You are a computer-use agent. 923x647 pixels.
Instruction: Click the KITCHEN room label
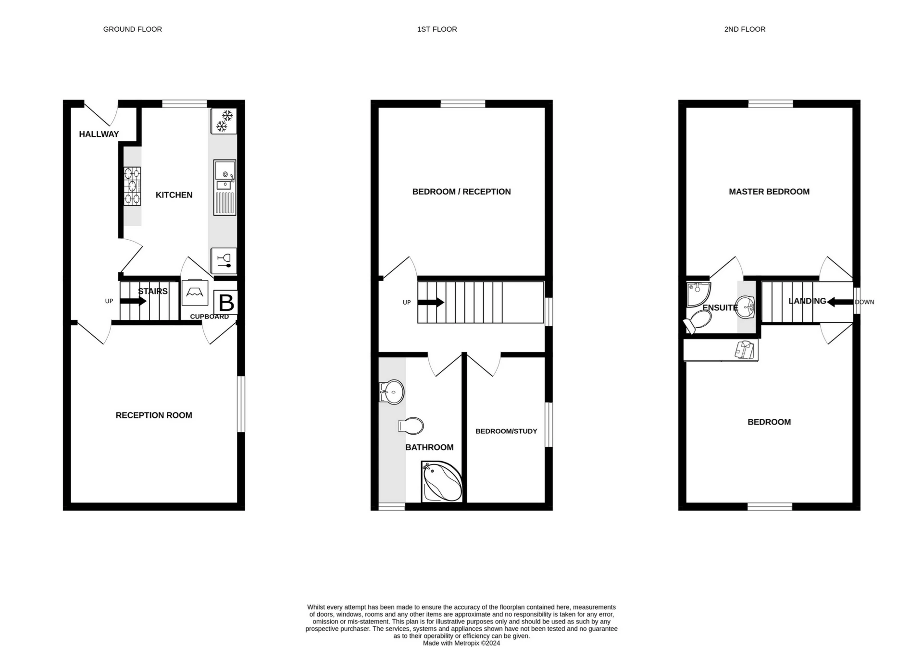[174, 195]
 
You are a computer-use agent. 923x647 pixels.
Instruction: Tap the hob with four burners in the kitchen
[132, 186]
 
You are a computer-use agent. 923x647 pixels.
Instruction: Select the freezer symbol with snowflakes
[224, 121]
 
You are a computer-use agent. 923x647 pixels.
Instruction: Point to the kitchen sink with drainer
[225, 187]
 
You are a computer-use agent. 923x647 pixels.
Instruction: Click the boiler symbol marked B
[225, 302]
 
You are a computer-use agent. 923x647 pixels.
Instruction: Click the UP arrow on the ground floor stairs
[133, 301]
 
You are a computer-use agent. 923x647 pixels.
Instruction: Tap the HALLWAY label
[99, 134]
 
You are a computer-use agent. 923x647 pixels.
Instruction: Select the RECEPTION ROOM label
[154, 415]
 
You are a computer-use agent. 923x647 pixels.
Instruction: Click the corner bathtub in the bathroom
[442, 482]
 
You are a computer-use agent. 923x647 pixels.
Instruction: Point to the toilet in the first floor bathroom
[411, 426]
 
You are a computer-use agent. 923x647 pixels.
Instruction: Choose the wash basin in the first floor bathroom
[392, 392]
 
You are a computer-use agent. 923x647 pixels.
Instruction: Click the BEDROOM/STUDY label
[506, 431]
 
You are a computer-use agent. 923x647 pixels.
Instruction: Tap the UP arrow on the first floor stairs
[431, 303]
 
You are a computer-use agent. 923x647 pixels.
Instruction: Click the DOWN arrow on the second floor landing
[840, 302]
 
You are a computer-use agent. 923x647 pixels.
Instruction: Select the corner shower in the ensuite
[698, 294]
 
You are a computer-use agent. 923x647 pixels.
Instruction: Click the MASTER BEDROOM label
[769, 192]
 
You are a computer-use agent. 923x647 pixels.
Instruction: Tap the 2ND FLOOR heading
[745, 29]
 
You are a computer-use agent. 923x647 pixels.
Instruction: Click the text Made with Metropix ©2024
[461, 643]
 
